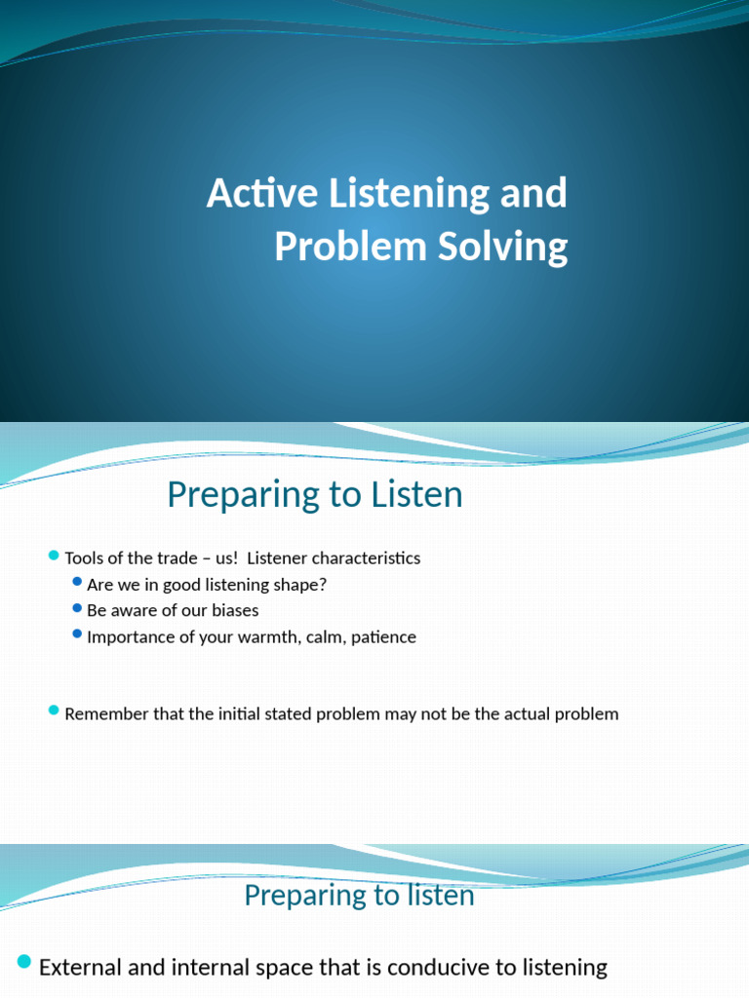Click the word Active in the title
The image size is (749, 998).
256,194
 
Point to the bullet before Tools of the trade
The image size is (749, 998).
54,556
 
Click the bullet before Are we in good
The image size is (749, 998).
78,582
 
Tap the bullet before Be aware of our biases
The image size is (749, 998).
78,608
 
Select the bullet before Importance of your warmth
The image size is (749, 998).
78,634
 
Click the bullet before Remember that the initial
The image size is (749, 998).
54,711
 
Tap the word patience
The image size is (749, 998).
383,636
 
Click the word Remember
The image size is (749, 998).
106,713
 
